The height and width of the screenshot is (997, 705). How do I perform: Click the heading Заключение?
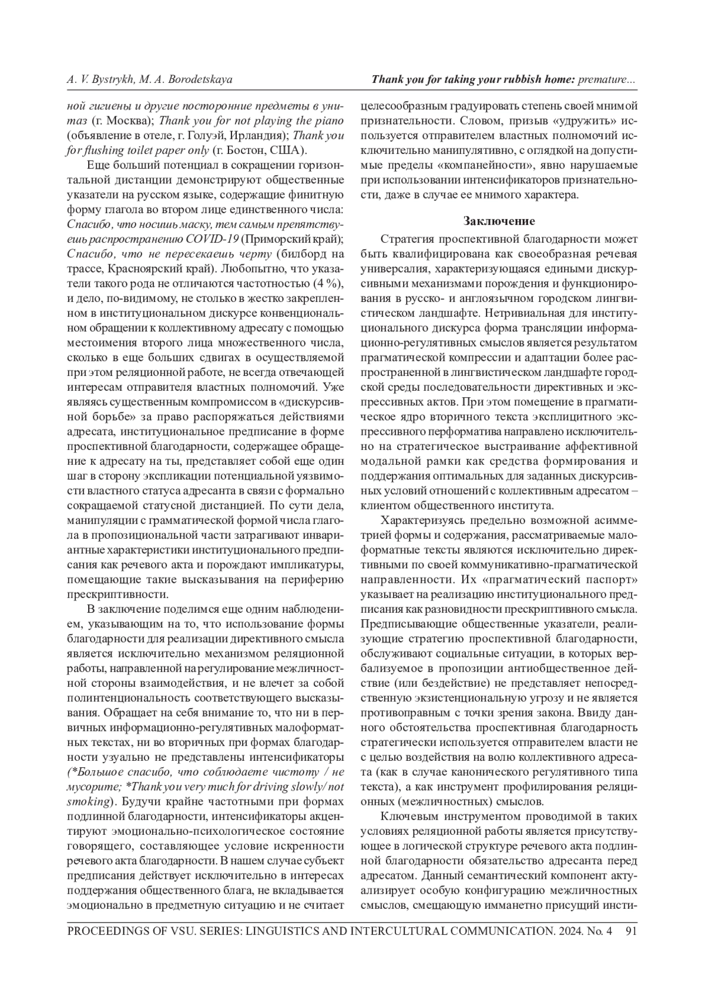pyautogui.click(x=499, y=221)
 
